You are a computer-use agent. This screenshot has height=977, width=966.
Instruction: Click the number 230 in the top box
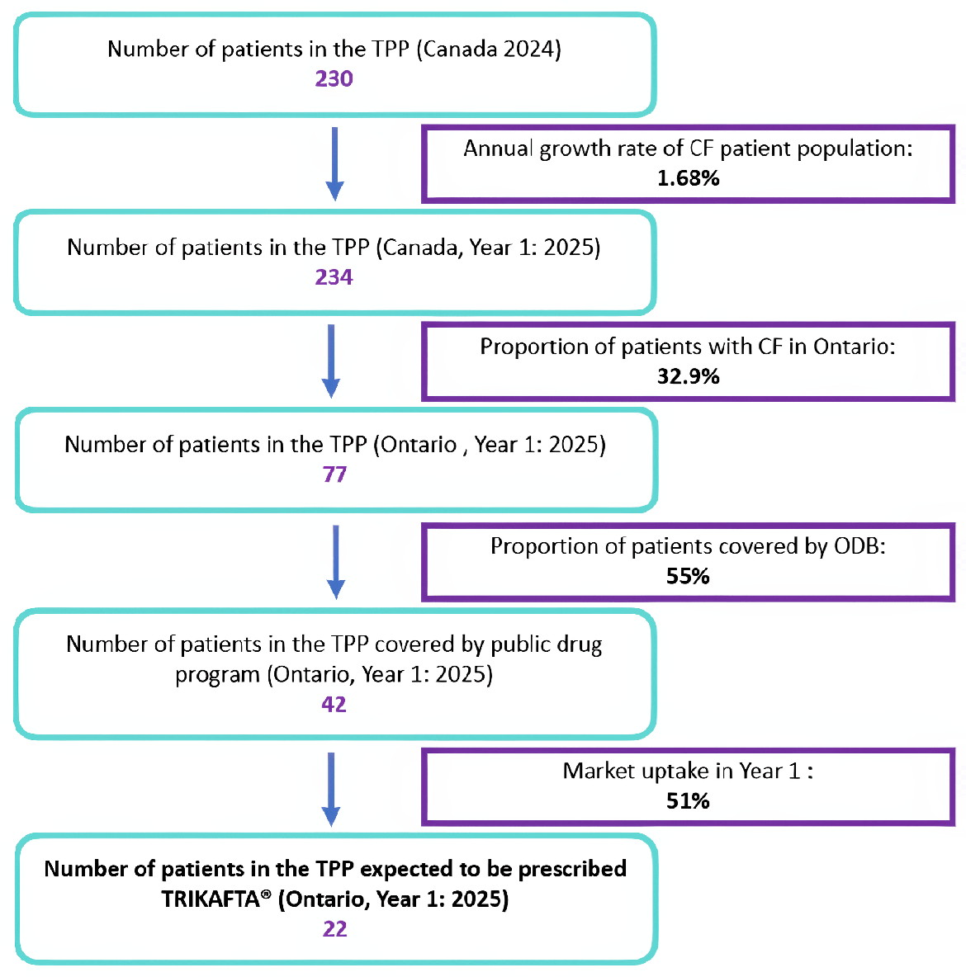(334, 79)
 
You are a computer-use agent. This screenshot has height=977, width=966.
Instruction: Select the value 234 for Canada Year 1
(334, 277)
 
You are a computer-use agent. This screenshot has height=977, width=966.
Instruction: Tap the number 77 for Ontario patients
(334, 474)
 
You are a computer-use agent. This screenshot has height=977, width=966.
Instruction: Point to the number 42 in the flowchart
(334, 705)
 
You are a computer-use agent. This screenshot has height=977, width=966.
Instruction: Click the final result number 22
(334, 929)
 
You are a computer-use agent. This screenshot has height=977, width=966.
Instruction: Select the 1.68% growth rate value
(688, 178)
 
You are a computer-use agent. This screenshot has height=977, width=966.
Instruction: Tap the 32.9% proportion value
(688, 377)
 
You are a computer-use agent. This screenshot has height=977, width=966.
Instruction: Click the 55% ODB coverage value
(688, 576)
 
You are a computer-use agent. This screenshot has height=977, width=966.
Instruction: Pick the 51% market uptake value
(688, 801)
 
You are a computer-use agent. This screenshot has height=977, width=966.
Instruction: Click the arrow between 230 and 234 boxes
(334, 163)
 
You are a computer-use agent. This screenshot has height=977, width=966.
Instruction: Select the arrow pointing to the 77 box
(331, 361)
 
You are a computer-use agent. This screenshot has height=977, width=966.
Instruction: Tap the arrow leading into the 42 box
(335, 561)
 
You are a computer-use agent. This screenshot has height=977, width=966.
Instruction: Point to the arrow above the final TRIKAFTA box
(331, 787)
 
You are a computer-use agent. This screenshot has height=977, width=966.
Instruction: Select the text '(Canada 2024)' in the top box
(488, 49)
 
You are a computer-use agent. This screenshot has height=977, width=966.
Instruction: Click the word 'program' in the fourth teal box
(217, 675)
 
